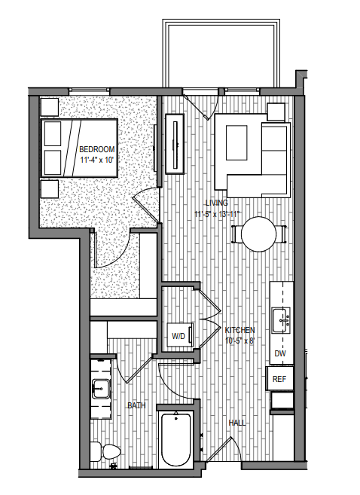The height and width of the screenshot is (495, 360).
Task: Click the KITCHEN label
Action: pyautogui.click(x=240, y=330)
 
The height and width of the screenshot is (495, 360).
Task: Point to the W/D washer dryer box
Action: pyautogui.click(x=179, y=335)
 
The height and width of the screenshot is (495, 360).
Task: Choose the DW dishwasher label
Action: pyautogui.click(x=280, y=354)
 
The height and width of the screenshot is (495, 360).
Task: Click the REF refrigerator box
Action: pyautogui.click(x=280, y=379)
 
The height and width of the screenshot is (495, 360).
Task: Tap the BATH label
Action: pyautogui.click(x=136, y=405)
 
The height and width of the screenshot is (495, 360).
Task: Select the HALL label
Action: pyautogui.click(x=237, y=423)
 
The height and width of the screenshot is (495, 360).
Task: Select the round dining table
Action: pyautogui.click(x=258, y=234)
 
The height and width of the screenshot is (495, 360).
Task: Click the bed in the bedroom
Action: pyautogui.click(x=80, y=147)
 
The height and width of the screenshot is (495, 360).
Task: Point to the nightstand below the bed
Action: pyautogui.click(x=49, y=188)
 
